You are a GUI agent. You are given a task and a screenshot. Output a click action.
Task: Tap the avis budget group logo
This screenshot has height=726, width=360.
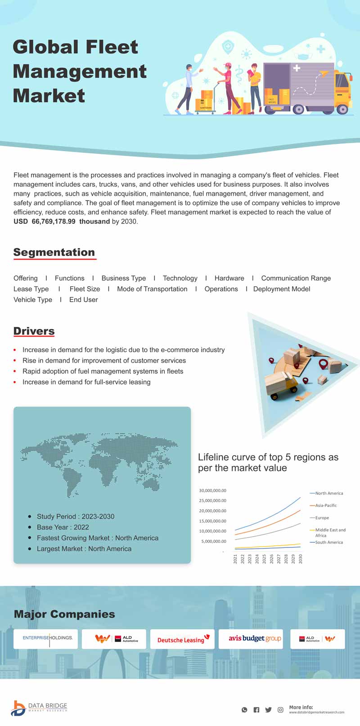255,639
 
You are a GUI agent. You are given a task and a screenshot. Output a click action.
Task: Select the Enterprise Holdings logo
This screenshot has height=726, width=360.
47,638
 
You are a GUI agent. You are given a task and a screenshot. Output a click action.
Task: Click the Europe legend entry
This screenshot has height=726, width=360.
322,518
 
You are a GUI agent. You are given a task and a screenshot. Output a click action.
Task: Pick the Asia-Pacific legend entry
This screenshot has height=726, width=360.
326,506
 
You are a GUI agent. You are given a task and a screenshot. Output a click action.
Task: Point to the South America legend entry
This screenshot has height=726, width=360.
328,542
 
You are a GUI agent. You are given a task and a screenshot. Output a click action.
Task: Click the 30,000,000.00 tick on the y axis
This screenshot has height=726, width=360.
212,491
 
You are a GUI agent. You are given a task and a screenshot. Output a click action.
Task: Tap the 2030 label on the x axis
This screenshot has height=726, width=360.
300,559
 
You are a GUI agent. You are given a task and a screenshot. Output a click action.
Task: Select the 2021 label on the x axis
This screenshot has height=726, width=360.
235,559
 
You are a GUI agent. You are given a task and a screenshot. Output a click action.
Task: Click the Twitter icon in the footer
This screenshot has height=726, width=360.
268,710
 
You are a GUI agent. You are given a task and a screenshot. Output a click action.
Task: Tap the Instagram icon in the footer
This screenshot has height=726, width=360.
280,710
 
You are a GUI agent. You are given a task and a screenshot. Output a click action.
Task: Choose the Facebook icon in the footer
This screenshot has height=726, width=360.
256,710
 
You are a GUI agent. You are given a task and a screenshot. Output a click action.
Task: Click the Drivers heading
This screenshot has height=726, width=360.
34,331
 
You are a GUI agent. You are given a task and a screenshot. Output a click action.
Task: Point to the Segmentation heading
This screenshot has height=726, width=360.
54,252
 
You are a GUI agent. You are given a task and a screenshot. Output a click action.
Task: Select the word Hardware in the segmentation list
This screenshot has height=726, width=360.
229,278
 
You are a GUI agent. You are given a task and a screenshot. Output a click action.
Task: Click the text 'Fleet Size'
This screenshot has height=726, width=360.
85,289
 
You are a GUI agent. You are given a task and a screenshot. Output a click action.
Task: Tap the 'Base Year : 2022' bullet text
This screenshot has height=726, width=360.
63,527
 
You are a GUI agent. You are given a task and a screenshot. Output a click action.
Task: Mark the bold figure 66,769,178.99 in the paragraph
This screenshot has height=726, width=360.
54,221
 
